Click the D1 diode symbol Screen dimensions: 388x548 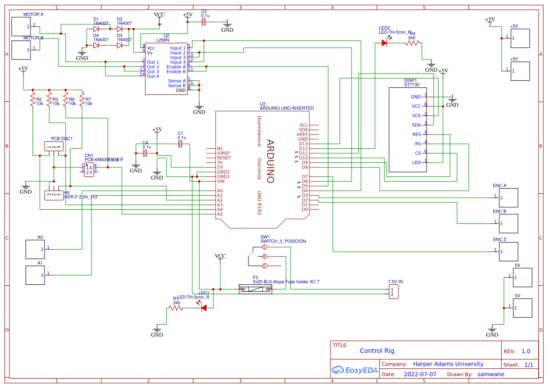tap(96, 29)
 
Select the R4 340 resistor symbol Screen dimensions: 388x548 tap(413, 43)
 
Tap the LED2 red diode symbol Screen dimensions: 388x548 tap(385, 43)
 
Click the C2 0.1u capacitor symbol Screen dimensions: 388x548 tap(203, 22)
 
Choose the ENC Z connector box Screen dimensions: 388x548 tap(508, 251)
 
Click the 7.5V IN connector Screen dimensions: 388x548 tap(393, 292)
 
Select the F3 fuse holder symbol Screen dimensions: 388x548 tap(255, 289)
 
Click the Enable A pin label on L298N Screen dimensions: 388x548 tap(176, 67)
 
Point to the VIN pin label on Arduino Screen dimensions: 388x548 tap(220, 181)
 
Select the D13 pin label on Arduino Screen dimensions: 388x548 tap(303, 144)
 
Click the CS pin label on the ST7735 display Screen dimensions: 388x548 tap(418, 153)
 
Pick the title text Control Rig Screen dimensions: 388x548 tap(377, 350)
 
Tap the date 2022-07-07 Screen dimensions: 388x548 tap(420, 374)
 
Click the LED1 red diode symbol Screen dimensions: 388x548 tap(204, 308)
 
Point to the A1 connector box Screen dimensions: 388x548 tap(35, 275)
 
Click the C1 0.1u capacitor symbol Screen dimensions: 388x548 tap(180, 145)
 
